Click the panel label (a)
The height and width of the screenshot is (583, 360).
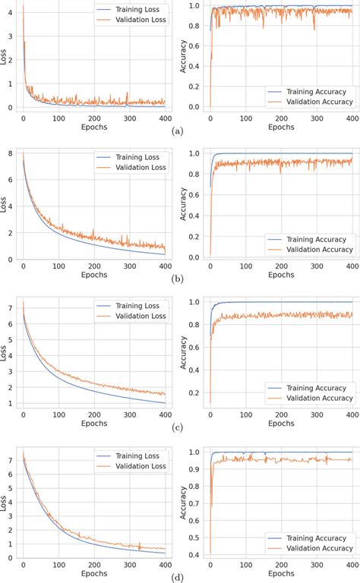tap(178, 131)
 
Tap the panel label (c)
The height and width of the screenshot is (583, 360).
tap(178, 428)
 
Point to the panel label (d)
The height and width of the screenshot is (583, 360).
tap(178, 576)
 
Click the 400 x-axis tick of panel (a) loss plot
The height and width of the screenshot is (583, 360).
tap(165, 118)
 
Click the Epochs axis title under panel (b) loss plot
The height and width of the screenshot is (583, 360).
tap(94, 276)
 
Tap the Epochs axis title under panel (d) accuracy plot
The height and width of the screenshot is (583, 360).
tap(281, 575)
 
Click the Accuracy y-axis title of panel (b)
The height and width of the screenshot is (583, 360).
tap(183, 205)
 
